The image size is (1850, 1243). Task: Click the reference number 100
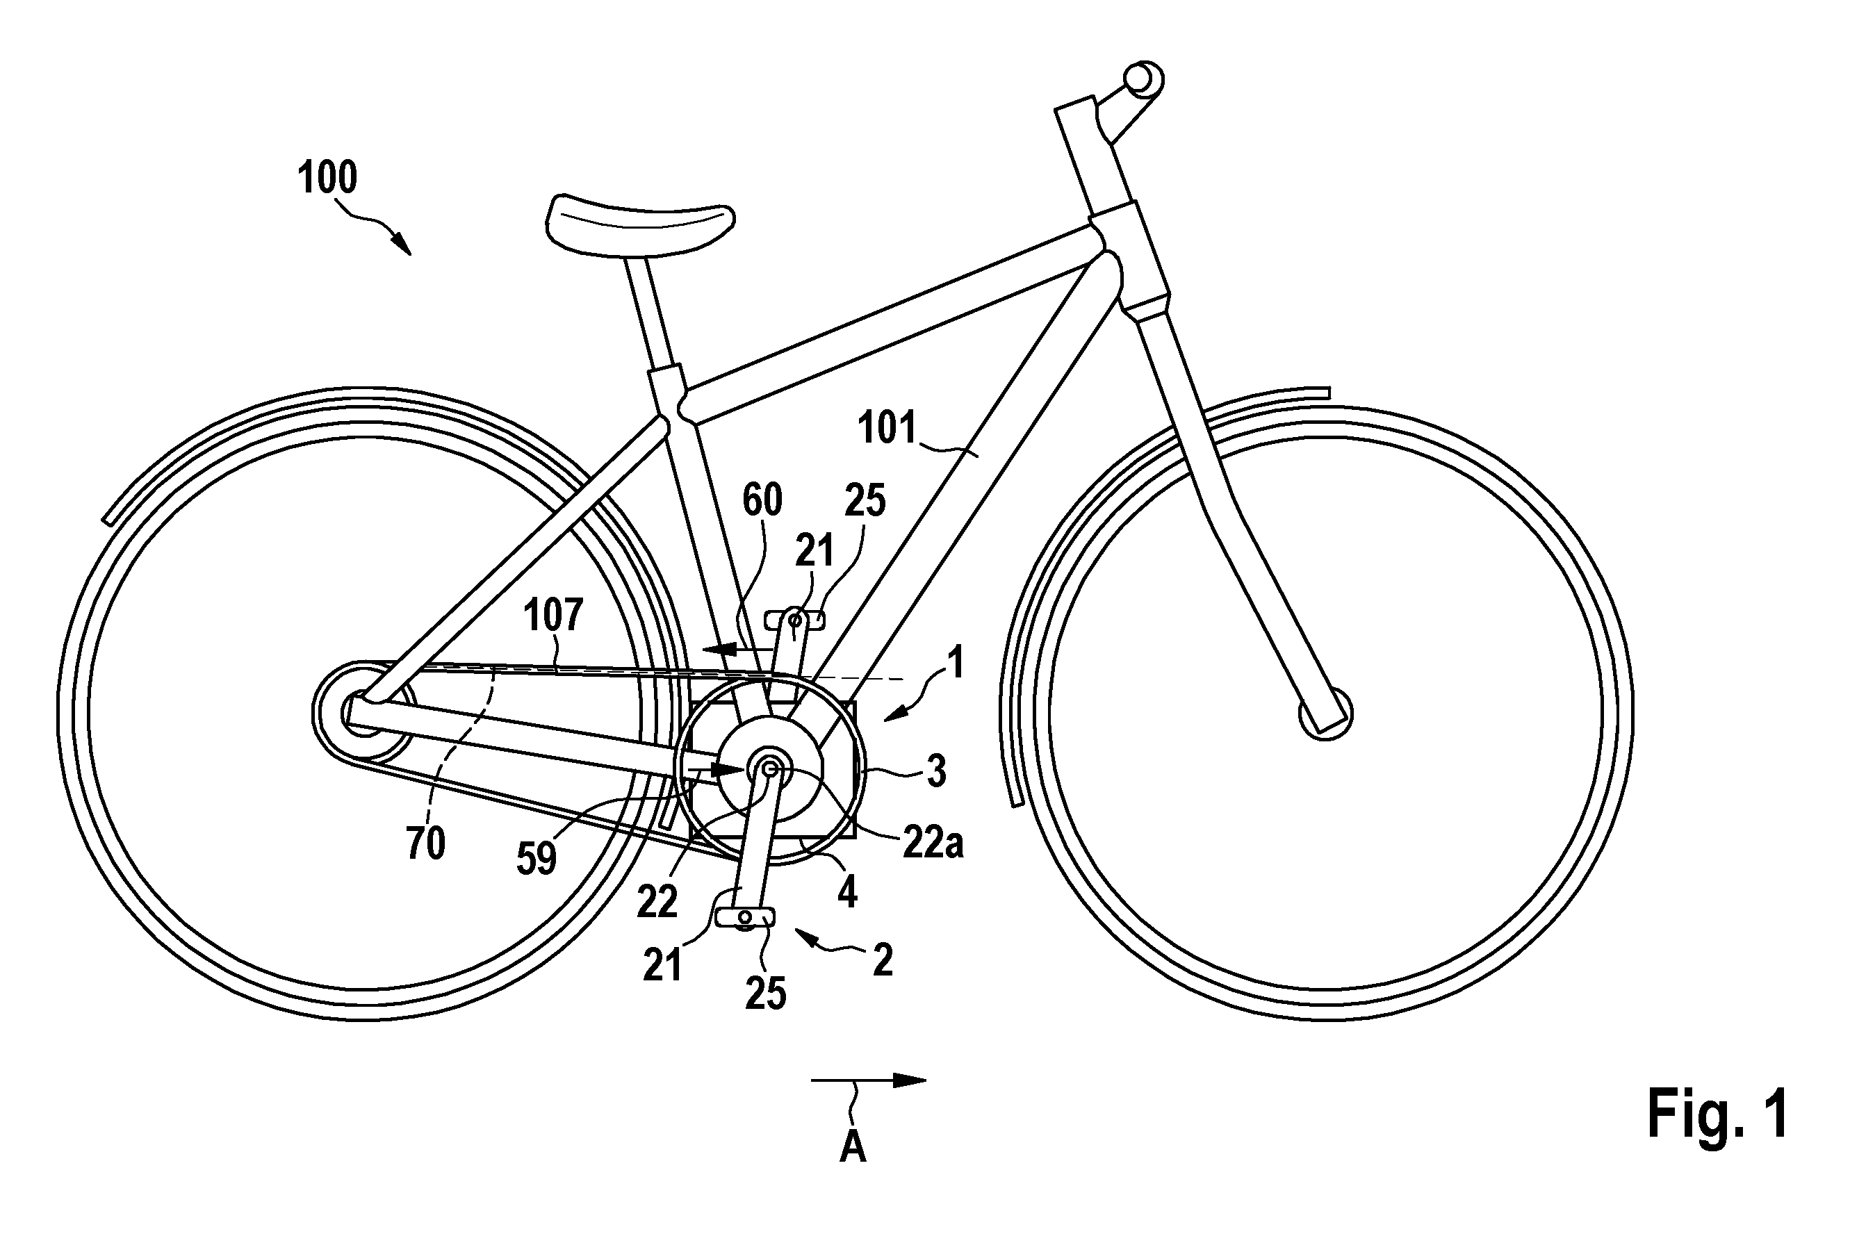(x=327, y=178)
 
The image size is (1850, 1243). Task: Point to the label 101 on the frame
(x=887, y=428)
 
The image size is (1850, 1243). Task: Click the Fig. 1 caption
(x=1717, y=1113)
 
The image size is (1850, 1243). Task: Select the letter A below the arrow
(x=853, y=1146)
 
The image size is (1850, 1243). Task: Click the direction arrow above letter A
(x=868, y=1080)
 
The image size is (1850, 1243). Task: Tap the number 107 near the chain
(x=553, y=615)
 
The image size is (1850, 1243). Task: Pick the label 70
(x=426, y=843)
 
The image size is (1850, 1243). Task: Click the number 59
(x=536, y=859)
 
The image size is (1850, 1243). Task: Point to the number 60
(x=762, y=500)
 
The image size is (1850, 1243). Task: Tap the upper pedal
(x=794, y=620)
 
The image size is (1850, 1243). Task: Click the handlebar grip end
(x=1143, y=78)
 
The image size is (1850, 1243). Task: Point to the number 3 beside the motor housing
(x=937, y=771)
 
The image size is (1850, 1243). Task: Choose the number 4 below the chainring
(x=848, y=893)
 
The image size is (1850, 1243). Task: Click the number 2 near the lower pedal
(x=883, y=961)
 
